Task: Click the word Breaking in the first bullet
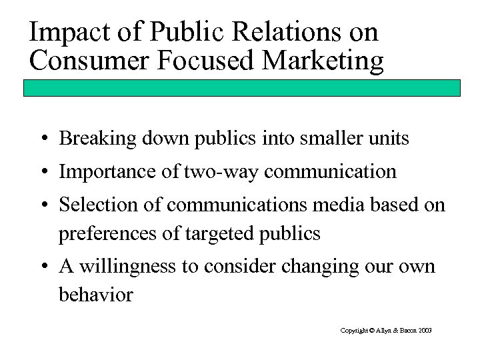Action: [89, 140]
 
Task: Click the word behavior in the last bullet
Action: [95, 295]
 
